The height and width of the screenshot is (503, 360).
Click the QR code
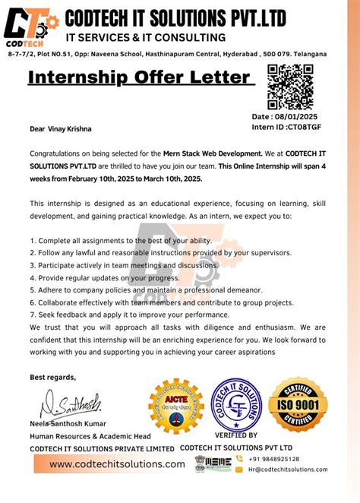[x=290, y=87]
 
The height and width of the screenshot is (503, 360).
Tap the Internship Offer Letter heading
[x=139, y=78]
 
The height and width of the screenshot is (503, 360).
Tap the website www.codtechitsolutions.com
[x=117, y=464]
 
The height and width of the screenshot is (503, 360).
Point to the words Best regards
[x=53, y=377]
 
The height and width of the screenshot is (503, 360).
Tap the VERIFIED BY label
[x=236, y=435]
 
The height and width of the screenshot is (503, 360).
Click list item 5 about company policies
[x=147, y=289]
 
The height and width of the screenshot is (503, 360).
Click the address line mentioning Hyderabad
[x=167, y=54]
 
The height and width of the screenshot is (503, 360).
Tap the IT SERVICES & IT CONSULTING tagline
[x=145, y=37]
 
